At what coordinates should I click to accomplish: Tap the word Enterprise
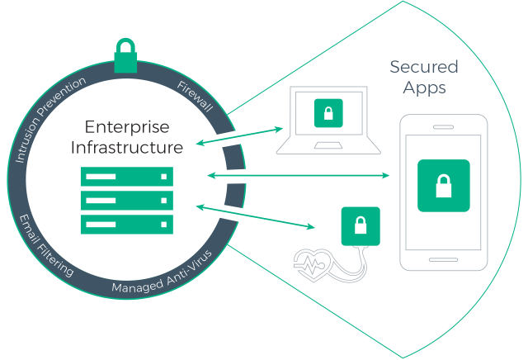(126, 129)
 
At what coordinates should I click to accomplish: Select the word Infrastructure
(126, 149)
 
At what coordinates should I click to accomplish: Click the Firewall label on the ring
(195, 97)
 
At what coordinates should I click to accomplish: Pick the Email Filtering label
(46, 246)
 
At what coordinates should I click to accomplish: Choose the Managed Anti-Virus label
(162, 277)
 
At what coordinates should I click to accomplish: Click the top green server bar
(126, 177)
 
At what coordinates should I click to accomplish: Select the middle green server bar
(126, 200)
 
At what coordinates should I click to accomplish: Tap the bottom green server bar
(126, 223)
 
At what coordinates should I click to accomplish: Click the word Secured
(423, 66)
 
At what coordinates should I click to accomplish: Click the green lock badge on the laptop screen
(328, 113)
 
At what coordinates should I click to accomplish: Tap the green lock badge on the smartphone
(443, 187)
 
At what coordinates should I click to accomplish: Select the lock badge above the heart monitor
(360, 225)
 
